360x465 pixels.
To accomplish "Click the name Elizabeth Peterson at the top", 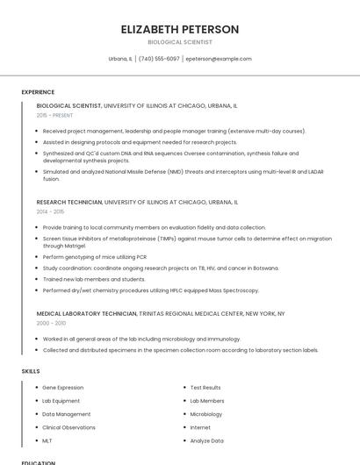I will pos(180,29).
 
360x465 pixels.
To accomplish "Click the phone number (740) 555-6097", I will pos(159,59).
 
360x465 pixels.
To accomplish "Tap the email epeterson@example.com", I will pos(219,59).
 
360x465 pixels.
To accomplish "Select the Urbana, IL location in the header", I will pos(120,59).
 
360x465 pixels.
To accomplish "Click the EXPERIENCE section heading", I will pos(38,92).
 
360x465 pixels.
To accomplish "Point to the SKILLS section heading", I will pos(31,371).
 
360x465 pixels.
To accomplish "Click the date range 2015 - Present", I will pos(55,115).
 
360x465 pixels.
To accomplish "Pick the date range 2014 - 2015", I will pos(50,211).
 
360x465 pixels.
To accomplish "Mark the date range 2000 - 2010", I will pos(51,322).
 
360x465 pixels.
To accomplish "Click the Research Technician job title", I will pos(69,202).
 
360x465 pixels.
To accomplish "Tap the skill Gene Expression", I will pos(63,387).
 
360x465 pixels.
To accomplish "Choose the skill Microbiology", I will pos(206,414).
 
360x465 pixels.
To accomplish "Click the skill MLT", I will pos(48,440).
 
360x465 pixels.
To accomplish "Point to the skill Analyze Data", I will pos(207,440).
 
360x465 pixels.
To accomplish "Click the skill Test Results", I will pos(205,387).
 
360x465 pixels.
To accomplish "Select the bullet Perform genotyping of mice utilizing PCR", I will pos(95,256).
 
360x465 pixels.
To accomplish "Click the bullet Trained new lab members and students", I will pos(94,279).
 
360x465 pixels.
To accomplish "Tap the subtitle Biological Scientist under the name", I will pos(180,41).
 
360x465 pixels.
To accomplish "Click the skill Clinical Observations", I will pos(69,427).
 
